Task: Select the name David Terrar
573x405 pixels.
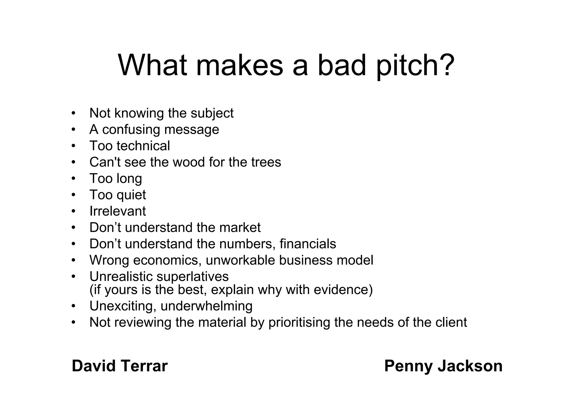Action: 119,366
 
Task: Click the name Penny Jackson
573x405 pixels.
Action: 443,366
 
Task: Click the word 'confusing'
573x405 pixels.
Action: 131,130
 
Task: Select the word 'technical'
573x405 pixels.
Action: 143,146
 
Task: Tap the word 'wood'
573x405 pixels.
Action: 189,162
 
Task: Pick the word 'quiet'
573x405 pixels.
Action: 131,195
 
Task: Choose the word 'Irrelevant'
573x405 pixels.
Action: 118,211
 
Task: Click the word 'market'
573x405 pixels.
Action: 240,228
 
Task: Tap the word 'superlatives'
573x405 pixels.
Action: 192,277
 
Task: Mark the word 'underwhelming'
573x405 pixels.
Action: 206,306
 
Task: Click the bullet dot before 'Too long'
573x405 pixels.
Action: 74,179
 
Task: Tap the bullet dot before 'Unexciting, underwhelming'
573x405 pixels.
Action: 74,306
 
